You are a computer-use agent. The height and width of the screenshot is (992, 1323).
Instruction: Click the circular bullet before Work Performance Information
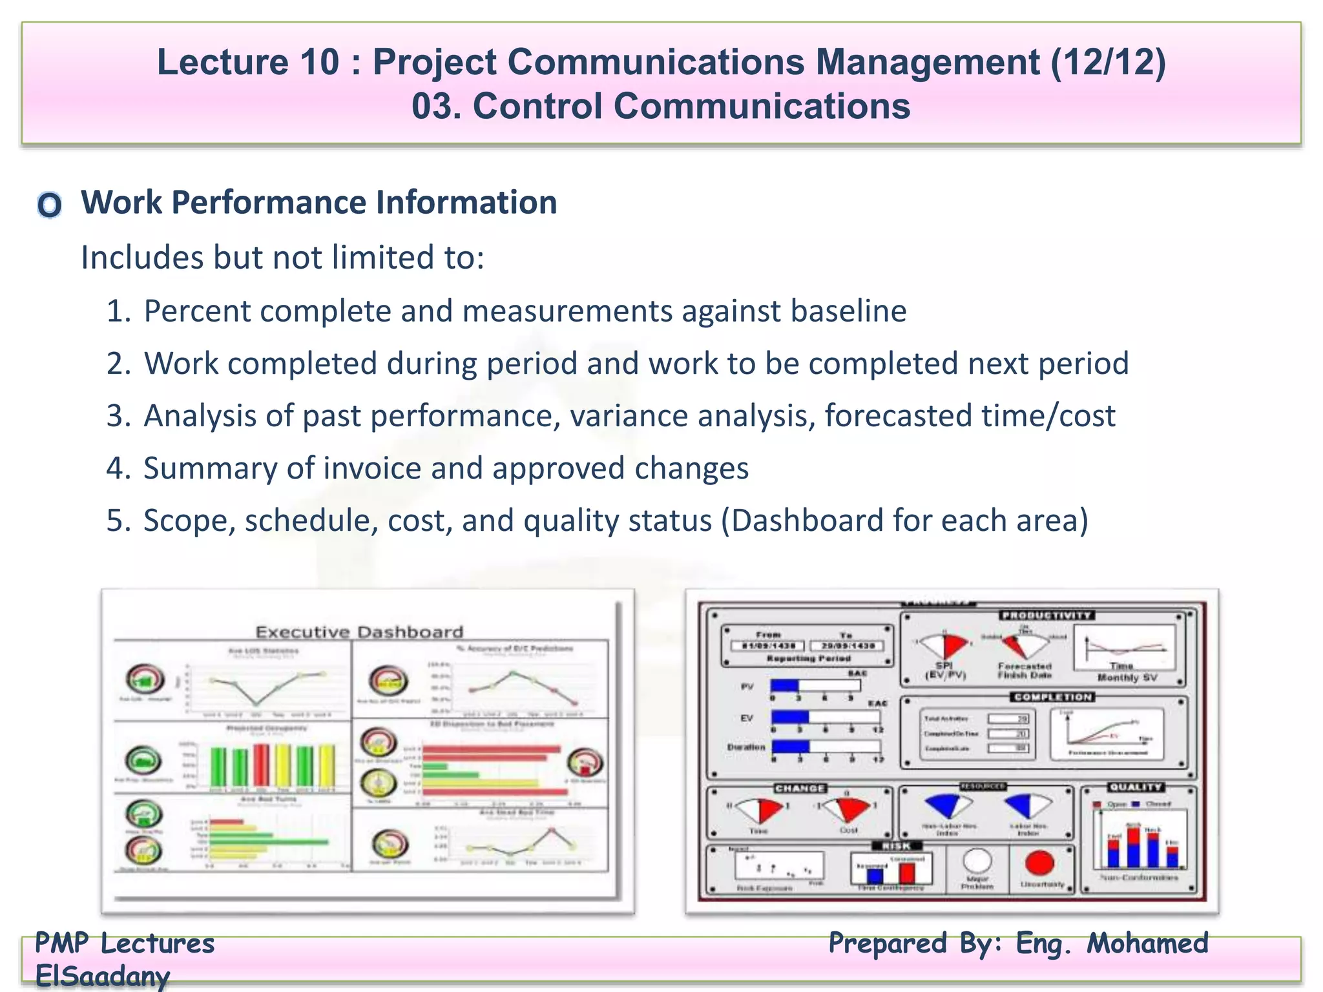pyautogui.click(x=49, y=205)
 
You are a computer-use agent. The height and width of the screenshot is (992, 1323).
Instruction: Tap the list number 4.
pyautogui.click(x=118, y=468)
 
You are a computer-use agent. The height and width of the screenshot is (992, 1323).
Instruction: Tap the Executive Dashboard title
pyautogui.click(x=359, y=632)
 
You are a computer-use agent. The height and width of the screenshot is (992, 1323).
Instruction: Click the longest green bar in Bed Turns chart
pyautogui.click(x=269, y=842)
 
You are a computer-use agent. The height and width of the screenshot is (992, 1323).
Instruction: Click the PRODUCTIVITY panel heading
pyautogui.click(x=1047, y=615)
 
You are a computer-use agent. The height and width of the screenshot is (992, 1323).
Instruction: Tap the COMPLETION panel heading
pyautogui.click(x=1052, y=697)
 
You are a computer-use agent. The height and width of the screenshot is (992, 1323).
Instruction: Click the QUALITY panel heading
pyautogui.click(x=1136, y=787)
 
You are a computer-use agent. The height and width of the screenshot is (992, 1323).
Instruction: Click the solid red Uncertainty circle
pyautogui.click(x=1039, y=862)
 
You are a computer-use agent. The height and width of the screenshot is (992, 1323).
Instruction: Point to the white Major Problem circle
pyautogui.click(x=977, y=861)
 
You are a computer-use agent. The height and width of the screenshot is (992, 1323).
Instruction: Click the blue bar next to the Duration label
pyautogui.click(x=790, y=747)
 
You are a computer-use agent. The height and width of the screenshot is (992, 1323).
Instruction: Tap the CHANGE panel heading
pyautogui.click(x=800, y=789)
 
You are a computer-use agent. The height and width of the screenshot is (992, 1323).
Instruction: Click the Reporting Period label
pyautogui.click(x=808, y=659)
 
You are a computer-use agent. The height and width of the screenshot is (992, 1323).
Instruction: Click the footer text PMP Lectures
pyautogui.click(x=125, y=944)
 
